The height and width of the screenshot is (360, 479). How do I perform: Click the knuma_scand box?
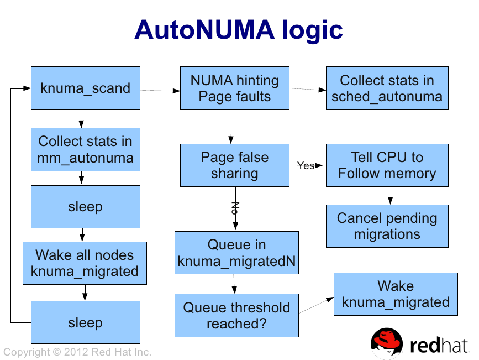point(85,88)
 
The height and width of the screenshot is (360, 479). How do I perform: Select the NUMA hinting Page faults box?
point(235,88)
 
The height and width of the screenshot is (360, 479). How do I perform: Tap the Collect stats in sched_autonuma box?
point(387,88)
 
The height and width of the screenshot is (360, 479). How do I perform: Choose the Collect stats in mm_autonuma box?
point(85,149)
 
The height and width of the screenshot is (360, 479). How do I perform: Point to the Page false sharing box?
point(235,165)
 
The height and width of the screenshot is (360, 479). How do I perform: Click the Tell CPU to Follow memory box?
point(387,165)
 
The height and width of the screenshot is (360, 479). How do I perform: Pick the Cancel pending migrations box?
point(387,226)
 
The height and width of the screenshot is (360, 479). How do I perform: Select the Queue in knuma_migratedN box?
point(237,253)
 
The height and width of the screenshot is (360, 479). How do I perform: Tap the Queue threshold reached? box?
point(237,315)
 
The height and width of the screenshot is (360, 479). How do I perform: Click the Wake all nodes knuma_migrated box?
point(85,263)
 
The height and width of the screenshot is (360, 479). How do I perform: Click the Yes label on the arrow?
point(306,165)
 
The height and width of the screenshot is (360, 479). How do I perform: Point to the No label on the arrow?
point(235,208)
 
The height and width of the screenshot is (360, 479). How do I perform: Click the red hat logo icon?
point(387,345)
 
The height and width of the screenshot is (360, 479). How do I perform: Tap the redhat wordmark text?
point(439,345)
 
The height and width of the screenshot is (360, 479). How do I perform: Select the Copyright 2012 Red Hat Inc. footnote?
point(77,352)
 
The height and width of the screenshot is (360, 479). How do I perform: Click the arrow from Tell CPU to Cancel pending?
point(391,195)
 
